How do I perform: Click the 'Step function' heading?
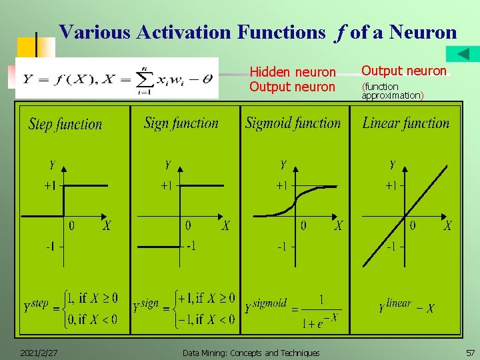[65, 124]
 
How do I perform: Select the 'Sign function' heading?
[181, 123]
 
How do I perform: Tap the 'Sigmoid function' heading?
[293, 123]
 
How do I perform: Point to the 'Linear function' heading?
[405, 123]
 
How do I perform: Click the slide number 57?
[470, 353]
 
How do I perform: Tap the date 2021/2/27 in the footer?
[38, 353]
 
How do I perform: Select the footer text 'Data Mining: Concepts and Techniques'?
[251, 353]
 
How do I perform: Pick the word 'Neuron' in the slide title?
[423, 32]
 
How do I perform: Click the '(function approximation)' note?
[392, 91]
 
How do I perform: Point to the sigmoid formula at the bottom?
[293, 309]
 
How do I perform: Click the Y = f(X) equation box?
[117, 78]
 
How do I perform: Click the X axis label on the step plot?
[107, 226]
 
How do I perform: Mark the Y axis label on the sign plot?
[167, 165]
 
